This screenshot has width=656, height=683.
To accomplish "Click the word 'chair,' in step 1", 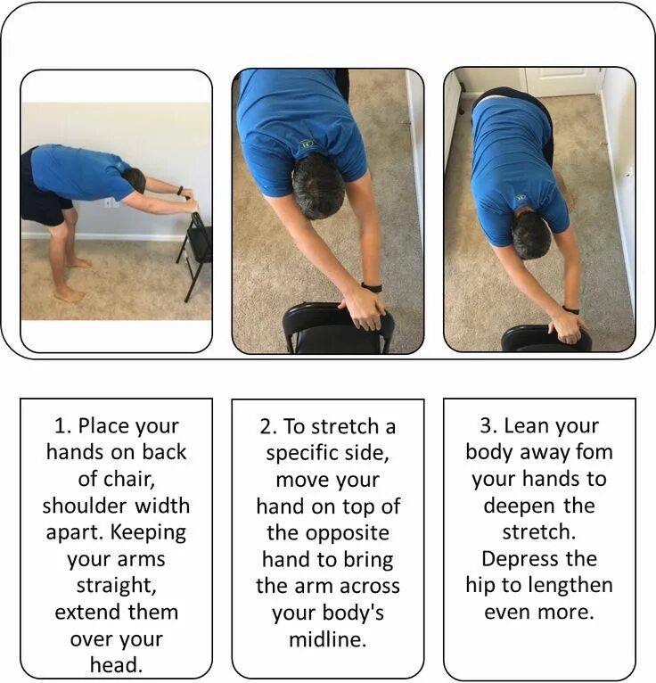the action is pos(117,479).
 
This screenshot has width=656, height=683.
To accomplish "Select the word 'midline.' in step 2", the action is pos(328,639).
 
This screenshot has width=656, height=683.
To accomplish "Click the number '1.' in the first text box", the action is pos(63,425).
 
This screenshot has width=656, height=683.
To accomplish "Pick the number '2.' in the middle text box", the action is pos(268,426).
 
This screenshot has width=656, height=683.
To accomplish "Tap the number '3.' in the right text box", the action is pos(488,425).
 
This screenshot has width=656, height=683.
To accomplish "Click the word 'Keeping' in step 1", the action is pos(149,532).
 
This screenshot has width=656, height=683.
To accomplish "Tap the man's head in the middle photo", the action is pos(318,186).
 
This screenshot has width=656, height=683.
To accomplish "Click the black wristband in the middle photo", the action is pos(372,287).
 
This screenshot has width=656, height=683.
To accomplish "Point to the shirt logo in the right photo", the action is pos(521,197).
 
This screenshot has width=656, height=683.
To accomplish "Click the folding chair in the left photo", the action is pos(195,255).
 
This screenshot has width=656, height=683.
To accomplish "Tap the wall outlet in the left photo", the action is pos(110,202).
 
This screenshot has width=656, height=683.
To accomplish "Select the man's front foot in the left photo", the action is pos(70,294).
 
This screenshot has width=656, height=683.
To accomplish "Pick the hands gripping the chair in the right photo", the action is pos(568,327).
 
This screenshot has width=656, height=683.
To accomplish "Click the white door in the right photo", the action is pos(562,82).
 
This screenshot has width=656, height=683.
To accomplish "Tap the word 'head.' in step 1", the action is pos(117,665).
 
